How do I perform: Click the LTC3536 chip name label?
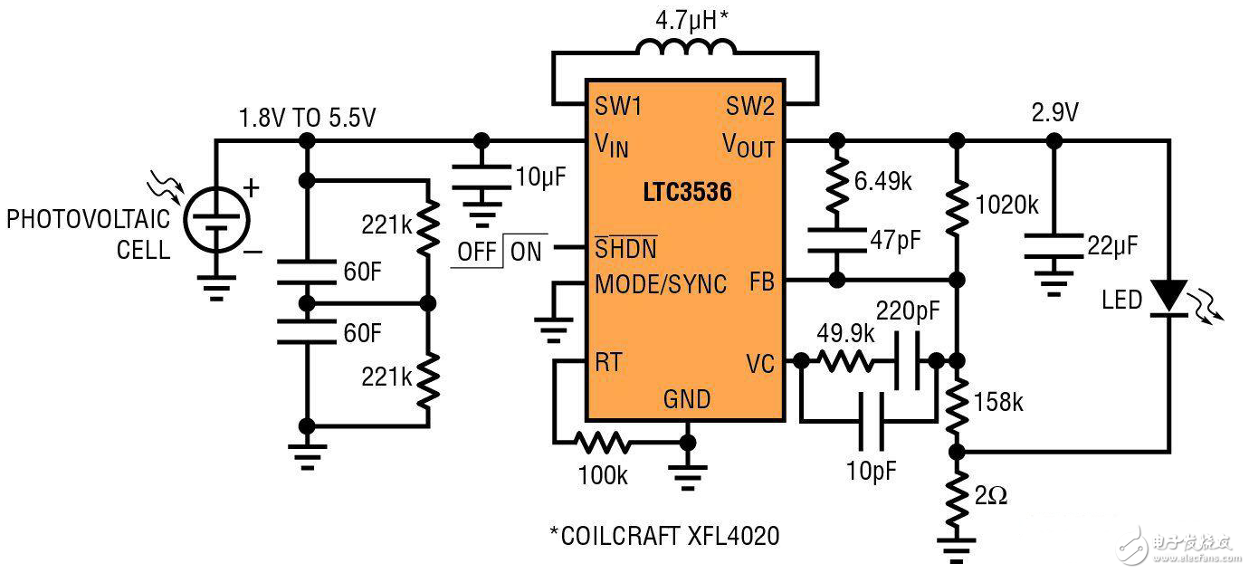(x=687, y=193)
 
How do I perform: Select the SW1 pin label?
(x=618, y=106)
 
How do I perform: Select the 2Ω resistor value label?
(x=992, y=497)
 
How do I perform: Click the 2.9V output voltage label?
(x=1055, y=112)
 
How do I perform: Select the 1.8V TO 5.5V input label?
(x=307, y=119)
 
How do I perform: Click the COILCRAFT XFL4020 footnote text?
(x=664, y=536)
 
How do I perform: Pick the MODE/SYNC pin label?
(x=661, y=283)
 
